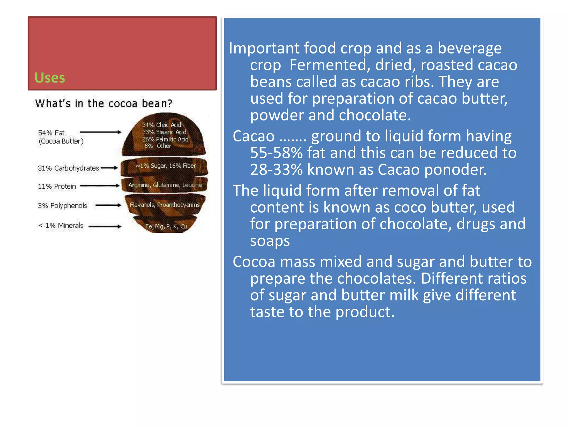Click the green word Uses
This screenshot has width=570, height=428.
[50, 78]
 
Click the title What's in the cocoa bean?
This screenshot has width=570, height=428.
[104, 103]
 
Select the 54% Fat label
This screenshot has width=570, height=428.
[51, 133]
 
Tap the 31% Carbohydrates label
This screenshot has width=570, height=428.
[68, 168]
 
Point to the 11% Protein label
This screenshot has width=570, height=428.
[57, 186]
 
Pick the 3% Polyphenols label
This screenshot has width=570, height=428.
[62, 206]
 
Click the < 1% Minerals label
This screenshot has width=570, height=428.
[61, 225]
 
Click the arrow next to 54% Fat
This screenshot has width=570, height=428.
[100, 132]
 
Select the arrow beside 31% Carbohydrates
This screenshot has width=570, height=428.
[109, 168]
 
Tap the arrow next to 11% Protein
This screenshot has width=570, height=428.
[100, 186]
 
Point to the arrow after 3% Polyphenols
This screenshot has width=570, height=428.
[109, 205]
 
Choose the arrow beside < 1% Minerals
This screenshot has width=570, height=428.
[105, 226]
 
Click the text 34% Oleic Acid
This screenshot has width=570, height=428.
[161, 125]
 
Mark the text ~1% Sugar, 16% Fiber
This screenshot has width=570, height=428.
[166, 166]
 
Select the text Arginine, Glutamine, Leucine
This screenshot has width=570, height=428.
[165, 185]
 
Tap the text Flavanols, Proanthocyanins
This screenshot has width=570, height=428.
[164, 205]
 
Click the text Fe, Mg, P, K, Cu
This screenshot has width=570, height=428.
[166, 226]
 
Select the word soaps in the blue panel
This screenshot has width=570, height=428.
[270, 241]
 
